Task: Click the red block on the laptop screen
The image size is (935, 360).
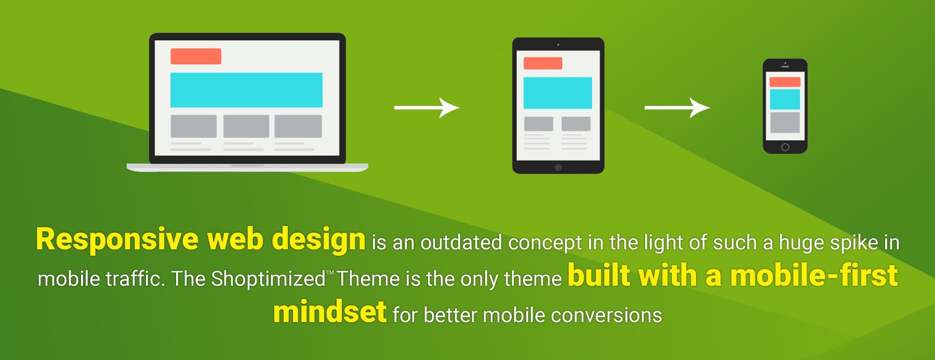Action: (x=196, y=56)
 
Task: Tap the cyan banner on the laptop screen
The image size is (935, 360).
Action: (x=246, y=90)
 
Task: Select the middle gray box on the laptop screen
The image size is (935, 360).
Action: (x=246, y=126)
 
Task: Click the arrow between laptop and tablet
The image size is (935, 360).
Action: (x=427, y=108)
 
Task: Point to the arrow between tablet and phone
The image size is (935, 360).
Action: (x=677, y=108)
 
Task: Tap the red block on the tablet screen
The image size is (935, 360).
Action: (x=543, y=63)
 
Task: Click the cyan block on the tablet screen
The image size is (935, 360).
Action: (x=558, y=93)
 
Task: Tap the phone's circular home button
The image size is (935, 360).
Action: (x=785, y=147)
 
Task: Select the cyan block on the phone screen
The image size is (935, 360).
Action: (x=785, y=99)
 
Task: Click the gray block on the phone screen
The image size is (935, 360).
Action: (x=785, y=123)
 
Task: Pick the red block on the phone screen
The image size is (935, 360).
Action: (x=785, y=82)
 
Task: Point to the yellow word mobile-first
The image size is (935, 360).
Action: (x=814, y=275)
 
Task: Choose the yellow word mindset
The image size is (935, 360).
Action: (x=330, y=312)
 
